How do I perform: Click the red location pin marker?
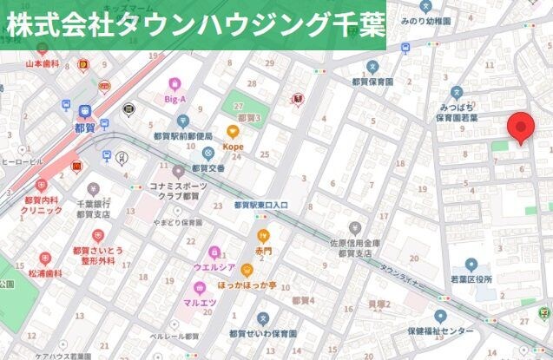pyautogui.click(x=521, y=128)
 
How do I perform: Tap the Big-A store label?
pyautogui.click(x=175, y=99)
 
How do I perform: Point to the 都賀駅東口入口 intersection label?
pyautogui.click(x=261, y=206)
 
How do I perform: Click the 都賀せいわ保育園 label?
pyautogui.click(x=262, y=332)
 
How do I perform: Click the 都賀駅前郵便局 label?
pyautogui.click(x=182, y=136)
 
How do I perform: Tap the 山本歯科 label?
pyautogui.click(x=41, y=63)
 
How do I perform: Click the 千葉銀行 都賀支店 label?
pyautogui.click(x=91, y=207)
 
